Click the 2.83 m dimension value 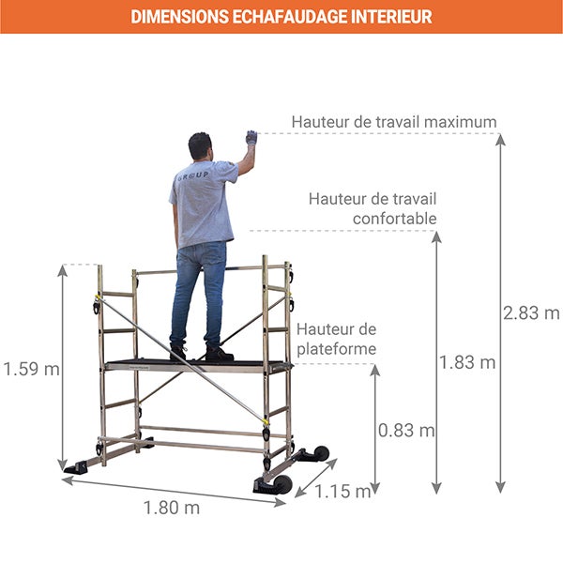pos(531,313)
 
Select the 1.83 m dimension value pos(467,362)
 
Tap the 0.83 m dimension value pos(406,431)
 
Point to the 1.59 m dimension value pos(30,369)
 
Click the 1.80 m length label pos(171,508)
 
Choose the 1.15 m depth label pos(342,491)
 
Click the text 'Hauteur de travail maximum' pos(393,122)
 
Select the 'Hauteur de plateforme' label pos(337,340)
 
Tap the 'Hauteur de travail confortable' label pos(373,209)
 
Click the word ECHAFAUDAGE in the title pos(281,17)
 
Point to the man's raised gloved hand pos(251,138)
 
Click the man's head pos(200,146)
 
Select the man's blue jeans pos(198,291)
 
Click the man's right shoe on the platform pos(219,355)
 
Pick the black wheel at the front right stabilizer pos(281,484)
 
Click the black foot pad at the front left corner pos(75,467)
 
